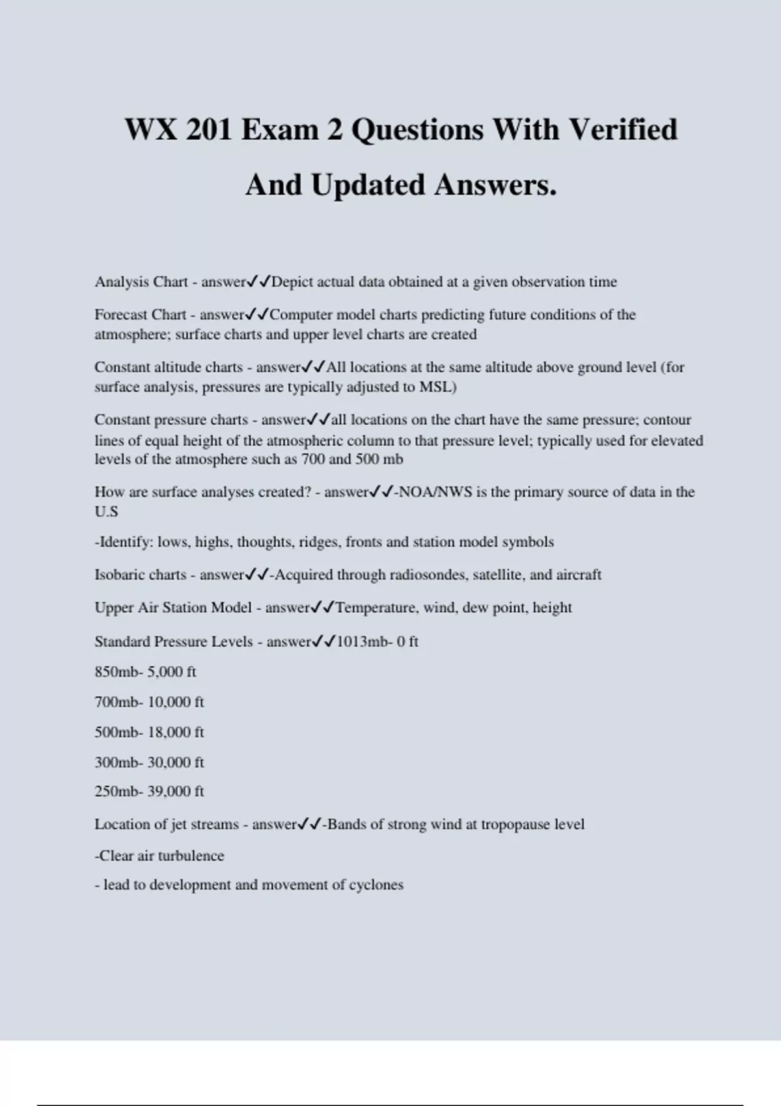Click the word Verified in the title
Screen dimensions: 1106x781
623,129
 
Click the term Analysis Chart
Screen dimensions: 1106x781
141,282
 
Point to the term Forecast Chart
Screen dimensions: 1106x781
141,314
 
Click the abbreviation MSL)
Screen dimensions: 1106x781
438,387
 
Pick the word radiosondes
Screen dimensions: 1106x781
429,574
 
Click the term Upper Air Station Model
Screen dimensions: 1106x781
173,608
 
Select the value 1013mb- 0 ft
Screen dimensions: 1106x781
377,641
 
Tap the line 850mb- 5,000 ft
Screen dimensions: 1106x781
145,671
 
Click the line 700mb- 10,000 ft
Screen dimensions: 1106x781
149,702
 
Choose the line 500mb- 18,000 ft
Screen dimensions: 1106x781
149,732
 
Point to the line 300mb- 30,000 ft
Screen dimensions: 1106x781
149,762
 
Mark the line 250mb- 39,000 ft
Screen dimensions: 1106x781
149,791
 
